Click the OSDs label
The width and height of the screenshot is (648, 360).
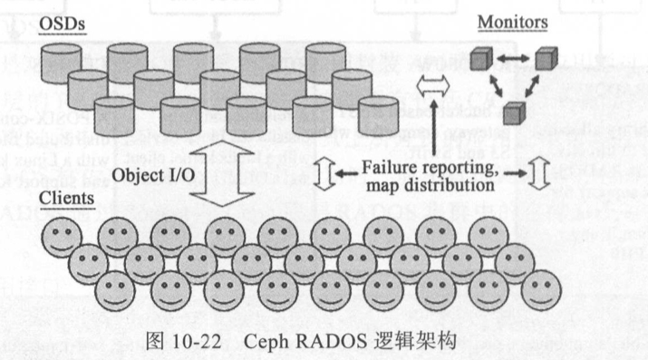[62, 20]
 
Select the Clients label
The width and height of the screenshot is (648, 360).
[71, 198]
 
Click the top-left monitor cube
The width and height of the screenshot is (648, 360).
[480, 62]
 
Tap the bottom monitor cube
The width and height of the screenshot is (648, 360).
[513, 113]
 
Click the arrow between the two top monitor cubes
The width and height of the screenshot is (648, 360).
[512, 61]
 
